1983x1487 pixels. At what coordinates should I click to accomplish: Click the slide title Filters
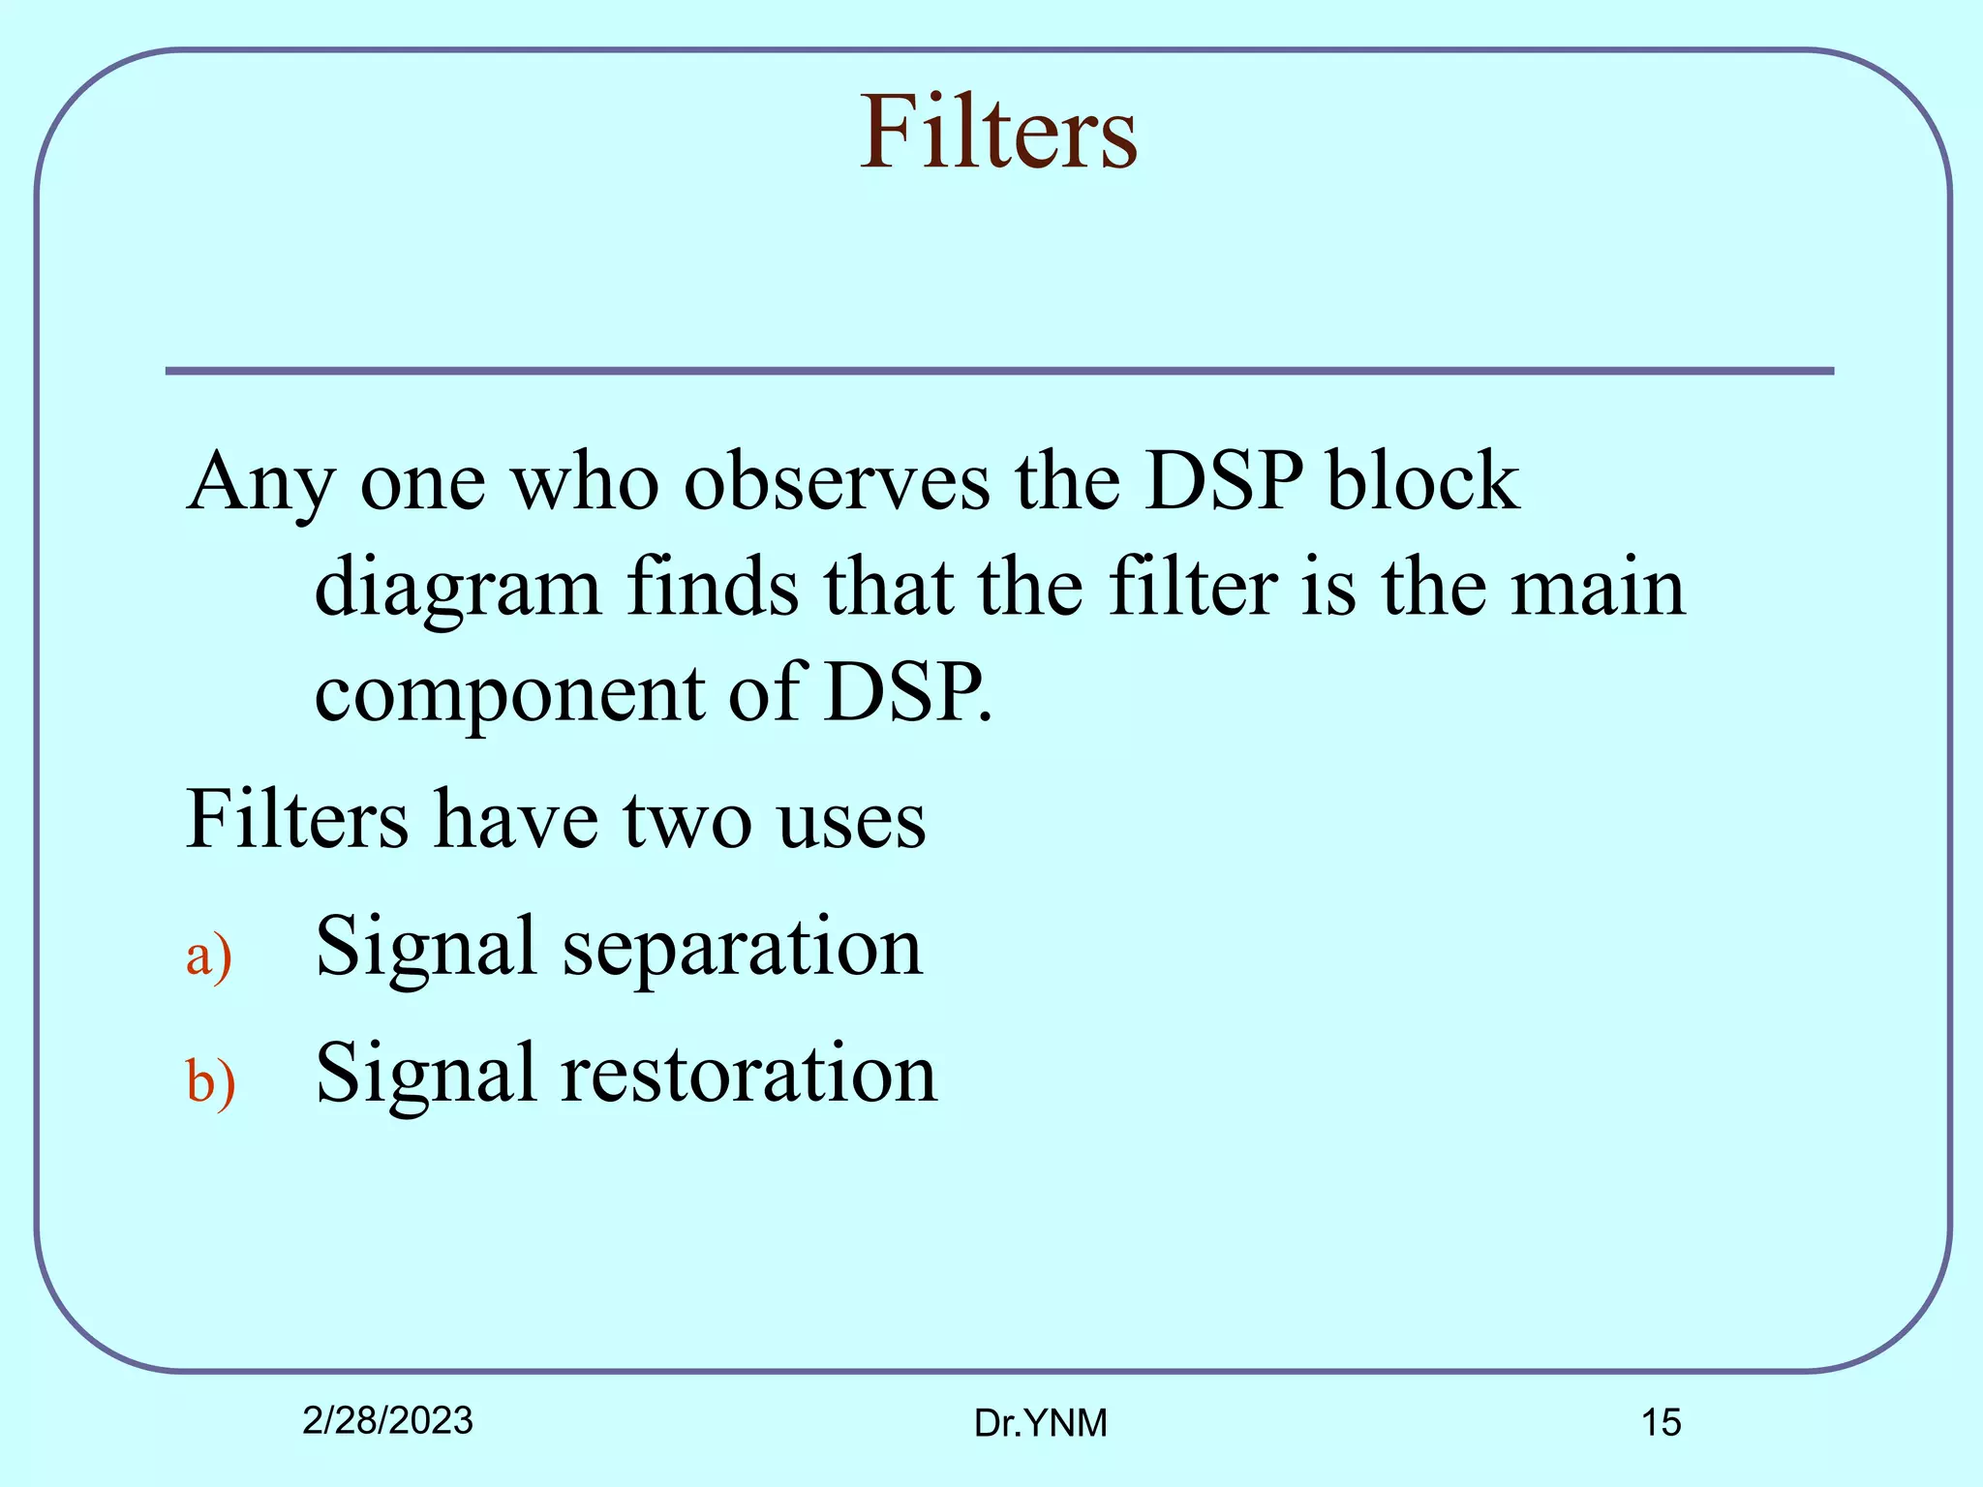pos(998,133)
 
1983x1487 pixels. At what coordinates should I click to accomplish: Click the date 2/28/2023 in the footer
pos(387,1420)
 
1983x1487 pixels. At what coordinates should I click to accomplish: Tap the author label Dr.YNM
pos(1040,1423)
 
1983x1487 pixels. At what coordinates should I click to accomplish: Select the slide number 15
pos(1661,1422)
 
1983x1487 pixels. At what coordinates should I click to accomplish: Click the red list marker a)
pos(209,956)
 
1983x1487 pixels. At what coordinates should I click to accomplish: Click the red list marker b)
pos(210,1082)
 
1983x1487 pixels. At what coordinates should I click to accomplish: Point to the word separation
pos(743,949)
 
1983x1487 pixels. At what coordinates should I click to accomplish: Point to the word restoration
pos(749,1074)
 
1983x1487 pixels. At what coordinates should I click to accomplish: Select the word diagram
pos(458,589)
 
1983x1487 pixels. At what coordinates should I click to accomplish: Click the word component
pos(510,695)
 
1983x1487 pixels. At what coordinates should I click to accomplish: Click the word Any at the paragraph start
pos(260,482)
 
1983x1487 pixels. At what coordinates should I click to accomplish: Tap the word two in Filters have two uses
pos(686,820)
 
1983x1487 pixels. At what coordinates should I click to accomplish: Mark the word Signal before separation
pos(426,949)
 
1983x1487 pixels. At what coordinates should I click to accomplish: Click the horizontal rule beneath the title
pos(998,371)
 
